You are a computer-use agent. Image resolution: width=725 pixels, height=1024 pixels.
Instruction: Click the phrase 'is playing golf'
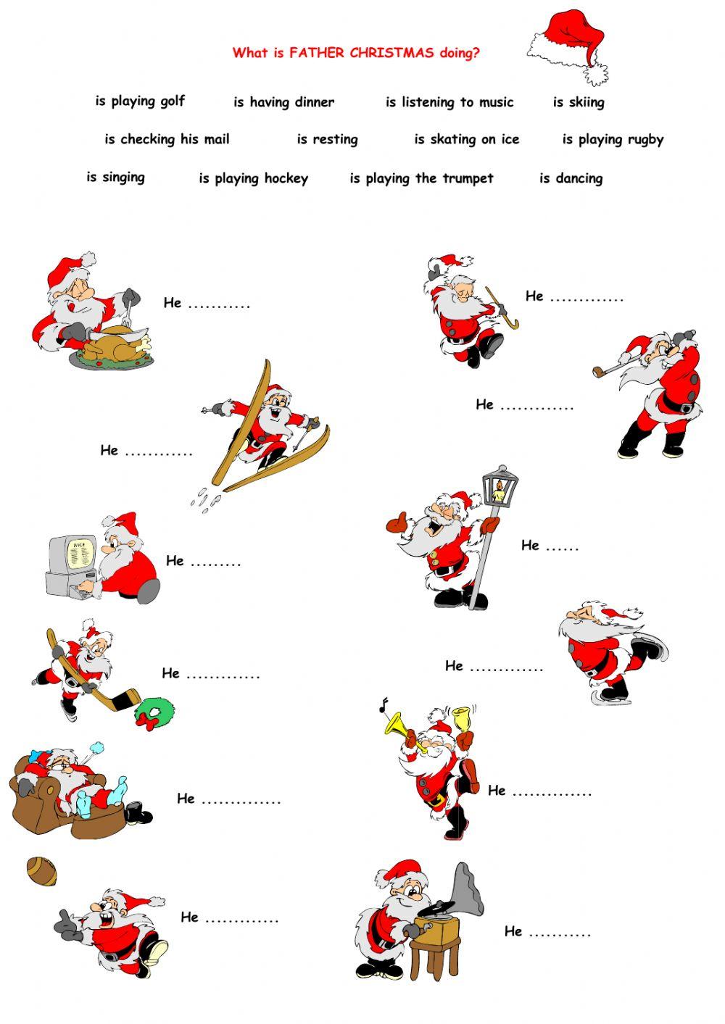(140, 101)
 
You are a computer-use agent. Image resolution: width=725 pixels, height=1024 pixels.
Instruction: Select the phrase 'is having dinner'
(283, 103)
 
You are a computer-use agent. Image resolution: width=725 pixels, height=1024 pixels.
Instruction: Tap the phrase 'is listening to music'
(449, 103)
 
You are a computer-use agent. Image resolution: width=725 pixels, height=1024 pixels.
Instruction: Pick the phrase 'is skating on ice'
(466, 140)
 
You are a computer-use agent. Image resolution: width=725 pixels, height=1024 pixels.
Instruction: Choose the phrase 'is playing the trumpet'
(421, 179)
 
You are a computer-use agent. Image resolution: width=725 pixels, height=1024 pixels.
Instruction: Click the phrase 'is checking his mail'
(167, 140)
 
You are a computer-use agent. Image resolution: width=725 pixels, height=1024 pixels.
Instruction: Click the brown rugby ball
(42, 871)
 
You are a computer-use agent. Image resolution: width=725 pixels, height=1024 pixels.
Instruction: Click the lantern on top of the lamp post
(500, 488)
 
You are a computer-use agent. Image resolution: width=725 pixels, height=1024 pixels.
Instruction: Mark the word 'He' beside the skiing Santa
(109, 451)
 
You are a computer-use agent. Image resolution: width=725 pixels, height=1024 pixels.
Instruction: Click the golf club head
(598, 373)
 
